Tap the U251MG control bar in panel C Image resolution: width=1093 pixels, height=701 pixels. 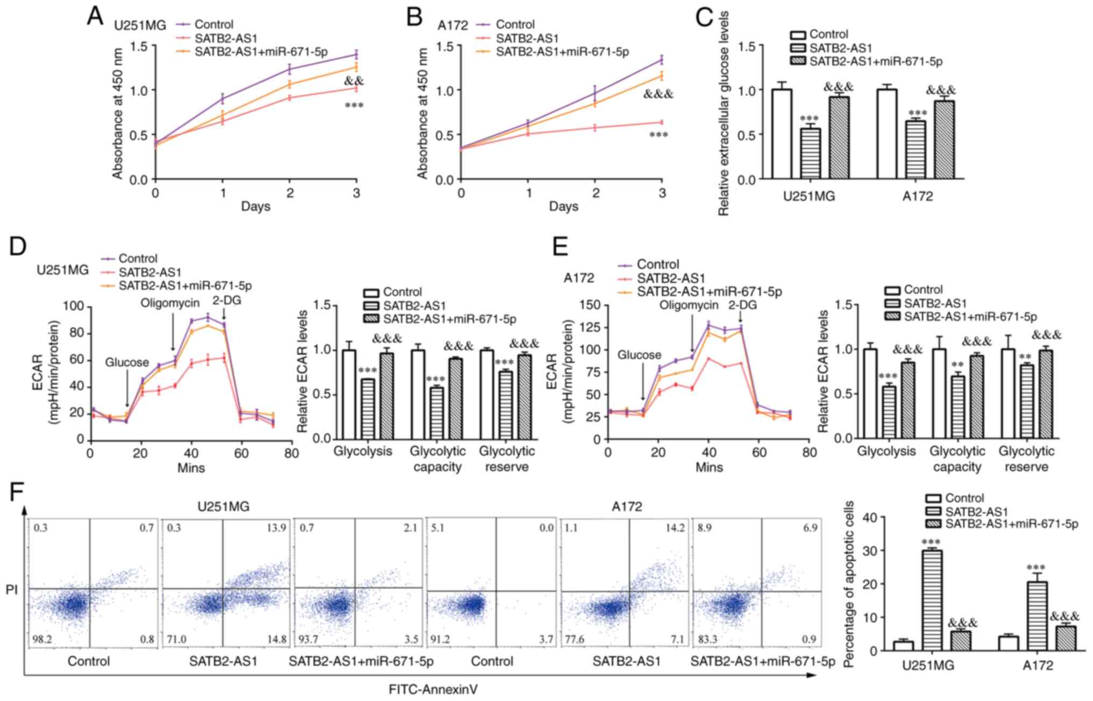tap(782, 134)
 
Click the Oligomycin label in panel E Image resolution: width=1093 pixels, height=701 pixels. tap(689, 305)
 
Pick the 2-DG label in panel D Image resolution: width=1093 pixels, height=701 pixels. tap(226, 301)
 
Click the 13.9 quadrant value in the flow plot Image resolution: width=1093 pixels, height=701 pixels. tap(276, 528)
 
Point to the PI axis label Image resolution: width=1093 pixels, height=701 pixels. tap(12, 590)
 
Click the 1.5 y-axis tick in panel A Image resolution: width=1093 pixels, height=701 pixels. tap(139, 46)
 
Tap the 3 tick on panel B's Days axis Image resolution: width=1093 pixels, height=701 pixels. tap(662, 193)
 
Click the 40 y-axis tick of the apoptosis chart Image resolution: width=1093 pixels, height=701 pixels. tap(877, 518)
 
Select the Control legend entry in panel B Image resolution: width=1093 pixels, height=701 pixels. tap(515, 25)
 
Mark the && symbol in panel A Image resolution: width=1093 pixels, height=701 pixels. tap(353, 81)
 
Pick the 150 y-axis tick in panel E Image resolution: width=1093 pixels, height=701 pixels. tap(590, 305)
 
